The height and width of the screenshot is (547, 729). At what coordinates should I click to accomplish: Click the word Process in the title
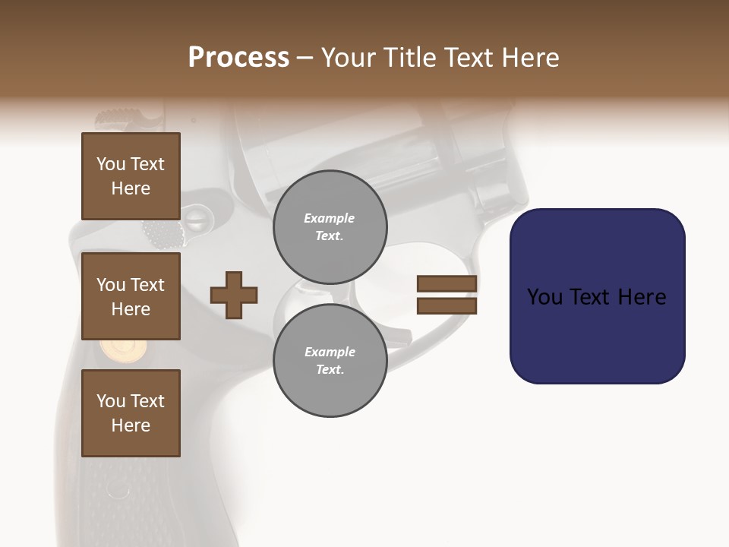click(x=238, y=58)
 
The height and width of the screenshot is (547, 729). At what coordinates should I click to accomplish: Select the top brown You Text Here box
click(x=131, y=176)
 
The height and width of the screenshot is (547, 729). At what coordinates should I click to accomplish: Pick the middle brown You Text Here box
click(x=131, y=296)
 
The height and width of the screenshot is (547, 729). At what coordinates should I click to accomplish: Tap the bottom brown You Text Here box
click(x=131, y=413)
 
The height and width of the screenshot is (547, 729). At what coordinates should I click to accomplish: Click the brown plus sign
click(x=234, y=295)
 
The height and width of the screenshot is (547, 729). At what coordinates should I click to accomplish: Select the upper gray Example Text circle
click(x=330, y=227)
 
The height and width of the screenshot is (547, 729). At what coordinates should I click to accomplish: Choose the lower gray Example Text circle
click(x=330, y=361)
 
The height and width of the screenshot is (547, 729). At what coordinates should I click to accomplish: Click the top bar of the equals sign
click(x=447, y=284)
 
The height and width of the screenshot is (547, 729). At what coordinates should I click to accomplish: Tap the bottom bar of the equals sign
click(x=447, y=305)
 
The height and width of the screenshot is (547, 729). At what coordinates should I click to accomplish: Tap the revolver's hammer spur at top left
click(x=121, y=119)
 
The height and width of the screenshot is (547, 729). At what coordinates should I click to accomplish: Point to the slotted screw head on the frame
click(x=196, y=220)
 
